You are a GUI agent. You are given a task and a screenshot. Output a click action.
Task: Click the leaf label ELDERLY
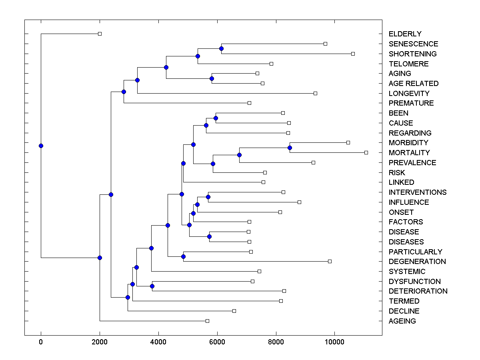[x=405, y=34]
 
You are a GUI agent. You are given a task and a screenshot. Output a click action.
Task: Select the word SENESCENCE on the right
[x=413, y=44]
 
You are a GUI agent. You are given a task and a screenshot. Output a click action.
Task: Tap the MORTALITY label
[x=409, y=153]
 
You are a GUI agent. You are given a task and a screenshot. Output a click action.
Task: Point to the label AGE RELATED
[x=413, y=84]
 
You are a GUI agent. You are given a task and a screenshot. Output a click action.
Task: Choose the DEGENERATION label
[x=417, y=262]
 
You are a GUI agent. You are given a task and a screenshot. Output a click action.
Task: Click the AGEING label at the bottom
[x=402, y=321]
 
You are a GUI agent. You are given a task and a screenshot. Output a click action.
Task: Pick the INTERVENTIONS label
[x=418, y=192]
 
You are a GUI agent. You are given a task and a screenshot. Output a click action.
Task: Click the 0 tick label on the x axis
[x=41, y=342]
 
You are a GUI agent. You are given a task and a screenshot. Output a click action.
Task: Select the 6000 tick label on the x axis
[x=217, y=342]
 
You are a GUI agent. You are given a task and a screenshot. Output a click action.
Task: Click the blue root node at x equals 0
[x=41, y=146]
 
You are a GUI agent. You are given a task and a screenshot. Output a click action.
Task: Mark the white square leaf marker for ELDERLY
[x=100, y=34]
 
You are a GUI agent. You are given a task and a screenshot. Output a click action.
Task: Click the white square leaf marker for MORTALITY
[x=366, y=152]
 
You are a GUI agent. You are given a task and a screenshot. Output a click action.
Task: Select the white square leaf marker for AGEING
[x=207, y=321]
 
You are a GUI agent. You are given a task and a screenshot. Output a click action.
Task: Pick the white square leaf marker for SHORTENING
[x=353, y=54]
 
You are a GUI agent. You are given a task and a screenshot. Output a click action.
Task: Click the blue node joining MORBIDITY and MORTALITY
[x=290, y=148]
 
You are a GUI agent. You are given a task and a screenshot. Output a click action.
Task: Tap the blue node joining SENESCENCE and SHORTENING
[x=221, y=48]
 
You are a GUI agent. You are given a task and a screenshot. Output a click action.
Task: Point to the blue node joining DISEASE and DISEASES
[x=209, y=236]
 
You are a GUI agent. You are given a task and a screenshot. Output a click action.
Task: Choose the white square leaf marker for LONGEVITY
[x=315, y=93]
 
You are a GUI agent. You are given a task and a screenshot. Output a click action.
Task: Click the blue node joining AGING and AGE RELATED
[x=212, y=78]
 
